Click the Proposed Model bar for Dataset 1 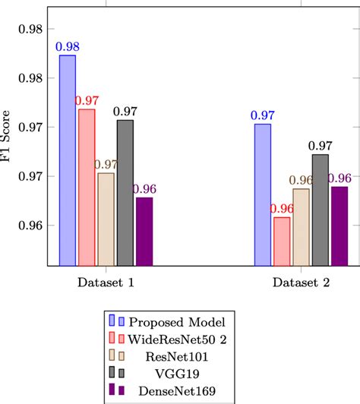coord(67,160)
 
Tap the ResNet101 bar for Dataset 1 coord(106,219)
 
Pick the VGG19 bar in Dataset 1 coord(125,193)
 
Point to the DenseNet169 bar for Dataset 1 coord(144,232)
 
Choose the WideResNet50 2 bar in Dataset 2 coord(282,241)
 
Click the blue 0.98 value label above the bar coord(67,47)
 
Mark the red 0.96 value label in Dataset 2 coord(282,209)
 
